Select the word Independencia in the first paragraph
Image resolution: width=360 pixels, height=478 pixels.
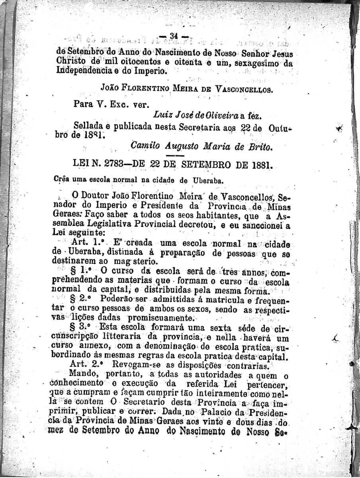coord(80,72)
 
